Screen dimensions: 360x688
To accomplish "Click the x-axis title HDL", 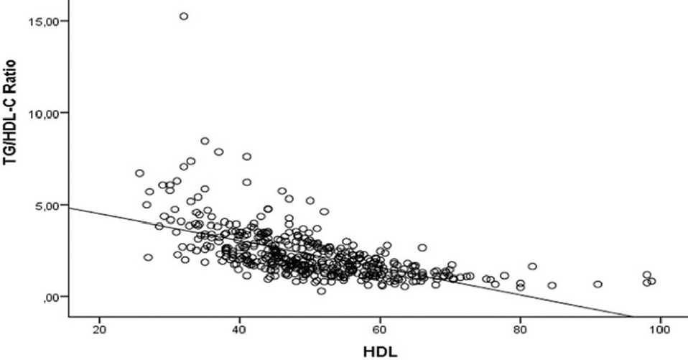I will tap(378, 350).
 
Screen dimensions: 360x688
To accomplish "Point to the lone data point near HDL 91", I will tap(598, 284).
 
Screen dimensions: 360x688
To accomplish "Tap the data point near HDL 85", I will tap(552, 285).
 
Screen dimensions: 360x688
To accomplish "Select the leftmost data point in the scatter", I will tap(139, 173).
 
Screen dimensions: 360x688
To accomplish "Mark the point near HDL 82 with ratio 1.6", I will tap(532, 267).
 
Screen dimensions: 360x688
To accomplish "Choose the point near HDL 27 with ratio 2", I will tap(148, 257).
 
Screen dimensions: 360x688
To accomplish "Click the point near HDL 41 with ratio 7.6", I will tap(246, 157).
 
